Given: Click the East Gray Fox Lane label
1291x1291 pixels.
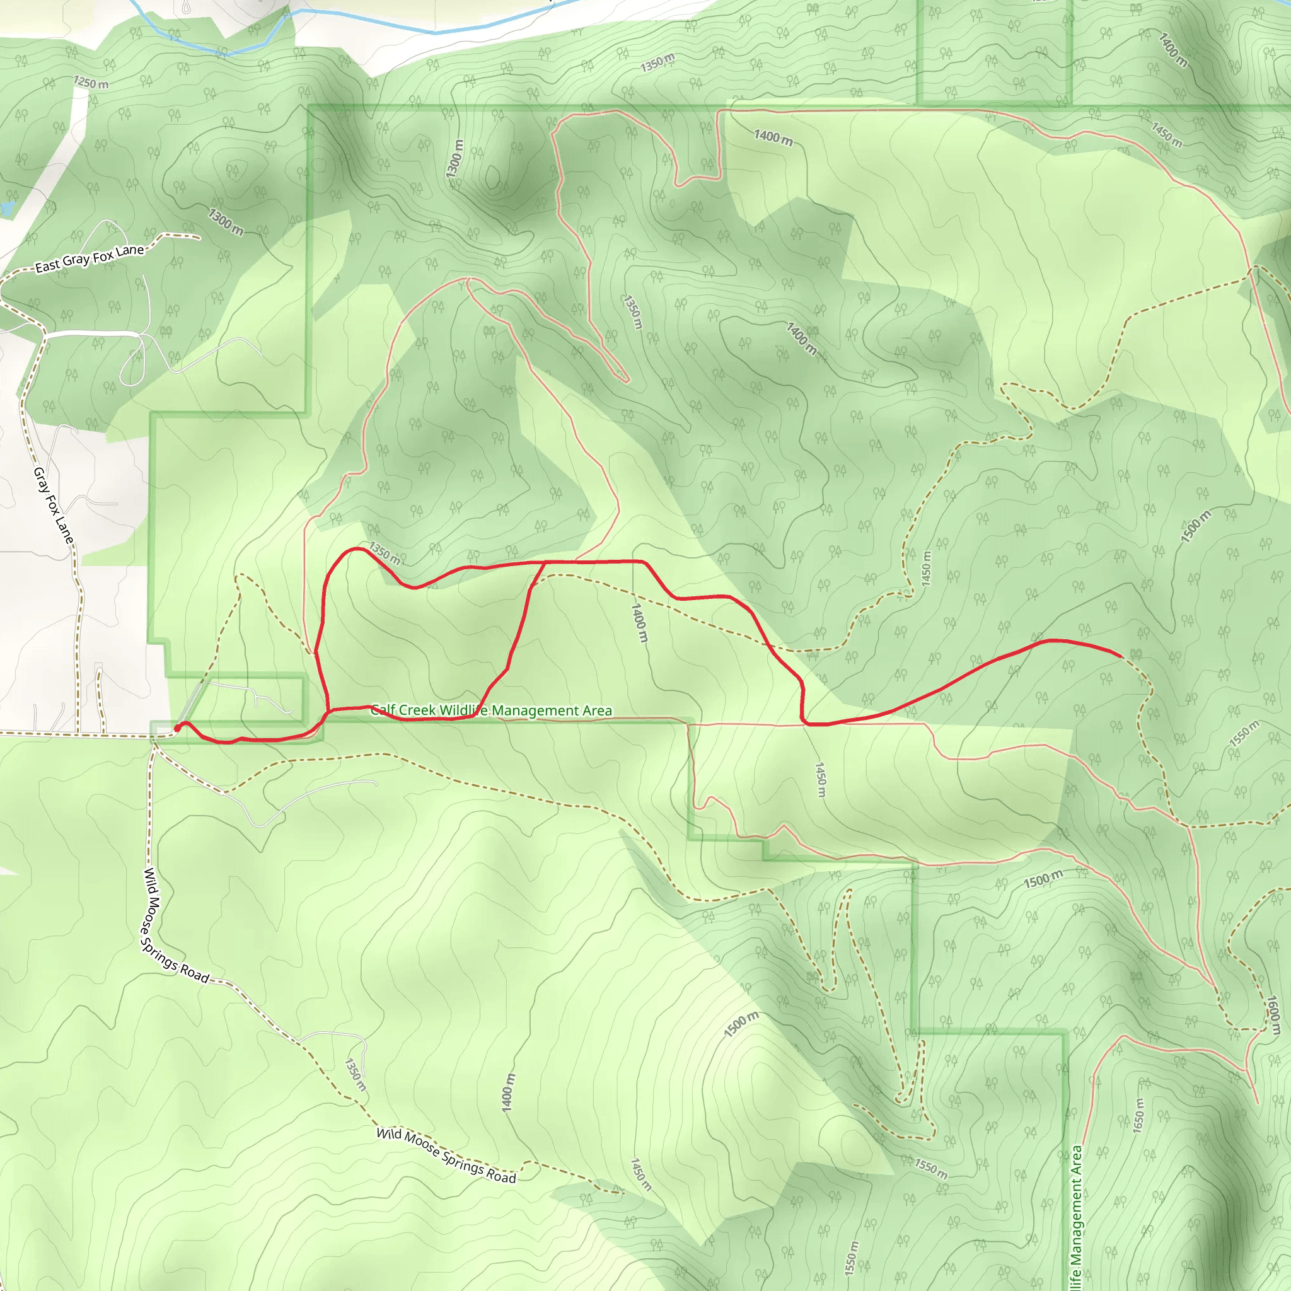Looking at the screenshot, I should [x=90, y=258].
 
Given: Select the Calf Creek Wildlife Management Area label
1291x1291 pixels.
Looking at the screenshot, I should [x=492, y=710].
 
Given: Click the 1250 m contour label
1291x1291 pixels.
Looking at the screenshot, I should [x=91, y=84].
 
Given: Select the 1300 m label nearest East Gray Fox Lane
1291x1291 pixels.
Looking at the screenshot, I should [x=226, y=222].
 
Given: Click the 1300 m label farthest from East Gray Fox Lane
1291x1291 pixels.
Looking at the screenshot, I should [x=454, y=159].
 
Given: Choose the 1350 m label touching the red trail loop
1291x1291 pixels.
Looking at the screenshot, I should [x=385, y=553].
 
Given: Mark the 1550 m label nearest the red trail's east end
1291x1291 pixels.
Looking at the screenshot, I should [x=1244, y=734].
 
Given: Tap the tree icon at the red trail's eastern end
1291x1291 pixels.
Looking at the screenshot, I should [x=1135, y=654].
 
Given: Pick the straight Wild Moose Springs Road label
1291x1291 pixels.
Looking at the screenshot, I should [x=446, y=1155].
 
